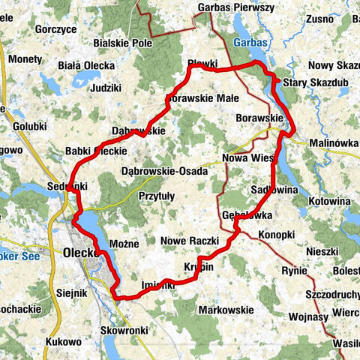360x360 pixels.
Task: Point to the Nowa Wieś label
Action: click(247, 157)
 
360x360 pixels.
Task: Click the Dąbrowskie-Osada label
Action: click(164, 172)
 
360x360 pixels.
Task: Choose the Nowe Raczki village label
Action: click(189, 241)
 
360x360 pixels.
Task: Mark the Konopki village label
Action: click(276, 235)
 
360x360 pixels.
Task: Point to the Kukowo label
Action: click(63, 341)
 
